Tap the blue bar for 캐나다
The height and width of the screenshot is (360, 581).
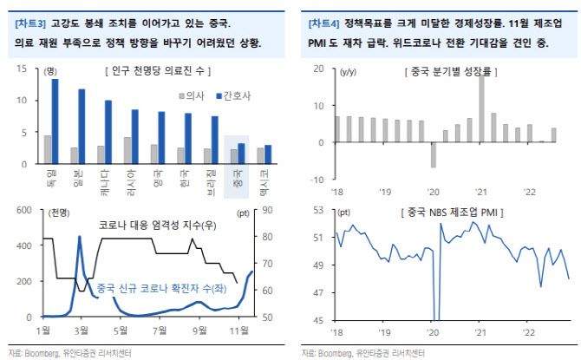(x=108, y=131)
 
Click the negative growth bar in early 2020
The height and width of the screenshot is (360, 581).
(x=433, y=154)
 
